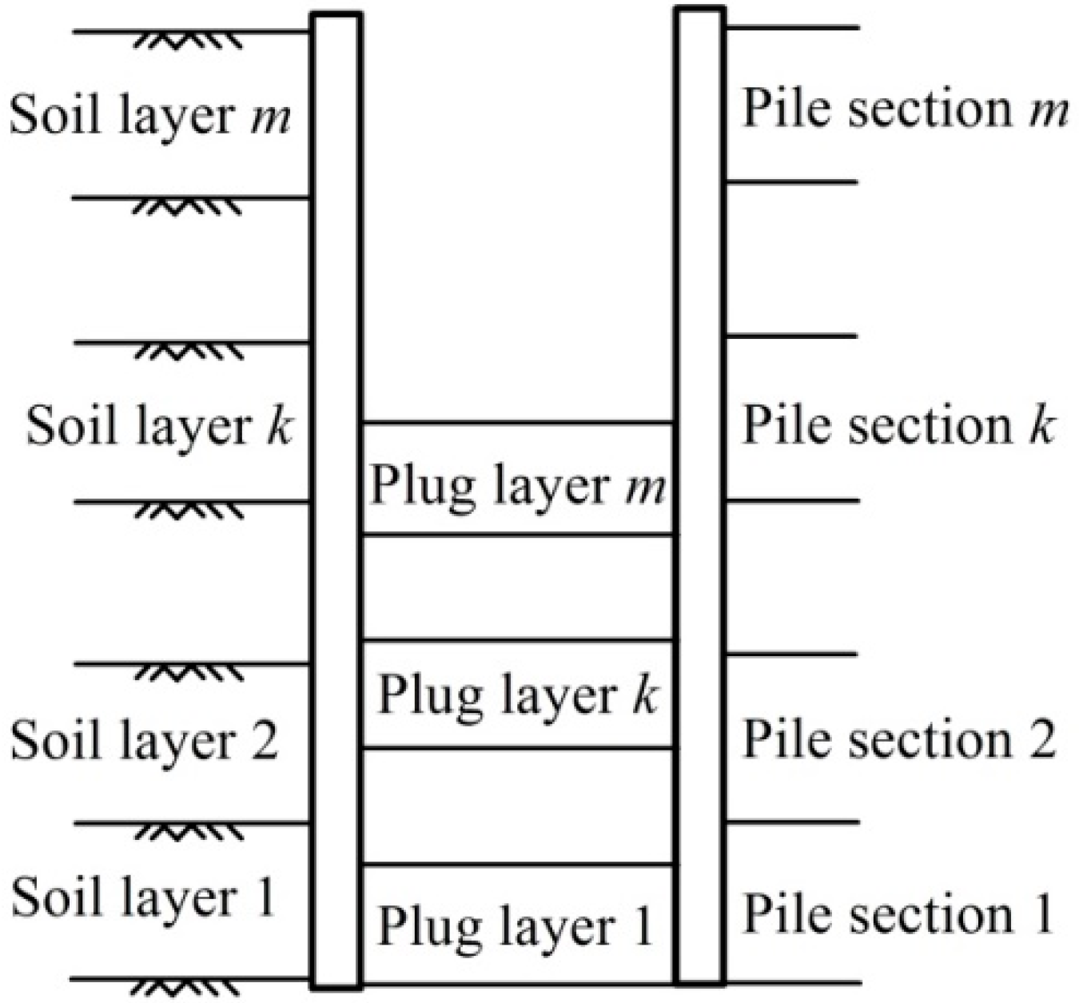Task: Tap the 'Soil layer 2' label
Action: (144, 740)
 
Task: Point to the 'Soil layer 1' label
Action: (143, 897)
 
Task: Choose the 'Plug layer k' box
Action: (517, 694)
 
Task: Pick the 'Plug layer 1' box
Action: (517, 925)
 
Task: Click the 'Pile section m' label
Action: (906, 109)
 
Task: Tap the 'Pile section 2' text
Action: (900, 739)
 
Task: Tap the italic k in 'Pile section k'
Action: (1041, 424)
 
